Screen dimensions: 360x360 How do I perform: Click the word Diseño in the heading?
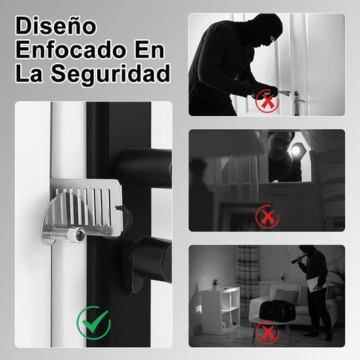click(x=56, y=26)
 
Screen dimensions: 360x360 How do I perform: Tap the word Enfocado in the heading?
click(x=71, y=49)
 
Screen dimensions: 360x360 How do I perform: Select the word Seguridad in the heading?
click(x=110, y=74)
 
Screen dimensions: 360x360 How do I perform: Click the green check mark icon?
click(x=94, y=323)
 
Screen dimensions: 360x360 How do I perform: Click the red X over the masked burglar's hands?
click(x=267, y=101)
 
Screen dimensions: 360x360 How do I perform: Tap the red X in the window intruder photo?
click(x=267, y=217)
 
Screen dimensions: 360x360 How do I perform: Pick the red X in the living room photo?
click(x=267, y=332)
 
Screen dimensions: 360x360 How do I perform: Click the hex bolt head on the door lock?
click(x=80, y=234)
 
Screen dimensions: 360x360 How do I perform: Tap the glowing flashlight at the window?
click(x=296, y=151)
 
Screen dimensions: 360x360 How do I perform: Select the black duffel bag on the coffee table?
click(x=277, y=309)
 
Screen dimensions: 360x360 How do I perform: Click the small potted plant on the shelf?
click(x=215, y=284)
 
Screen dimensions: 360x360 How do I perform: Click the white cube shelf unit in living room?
click(x=220, y=311)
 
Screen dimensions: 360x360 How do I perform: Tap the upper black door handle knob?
click(x=144, y=168)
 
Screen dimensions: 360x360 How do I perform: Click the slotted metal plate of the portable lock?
click(x=86, y=208)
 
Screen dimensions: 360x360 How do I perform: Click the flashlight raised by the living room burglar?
click(x=298, y=259)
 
